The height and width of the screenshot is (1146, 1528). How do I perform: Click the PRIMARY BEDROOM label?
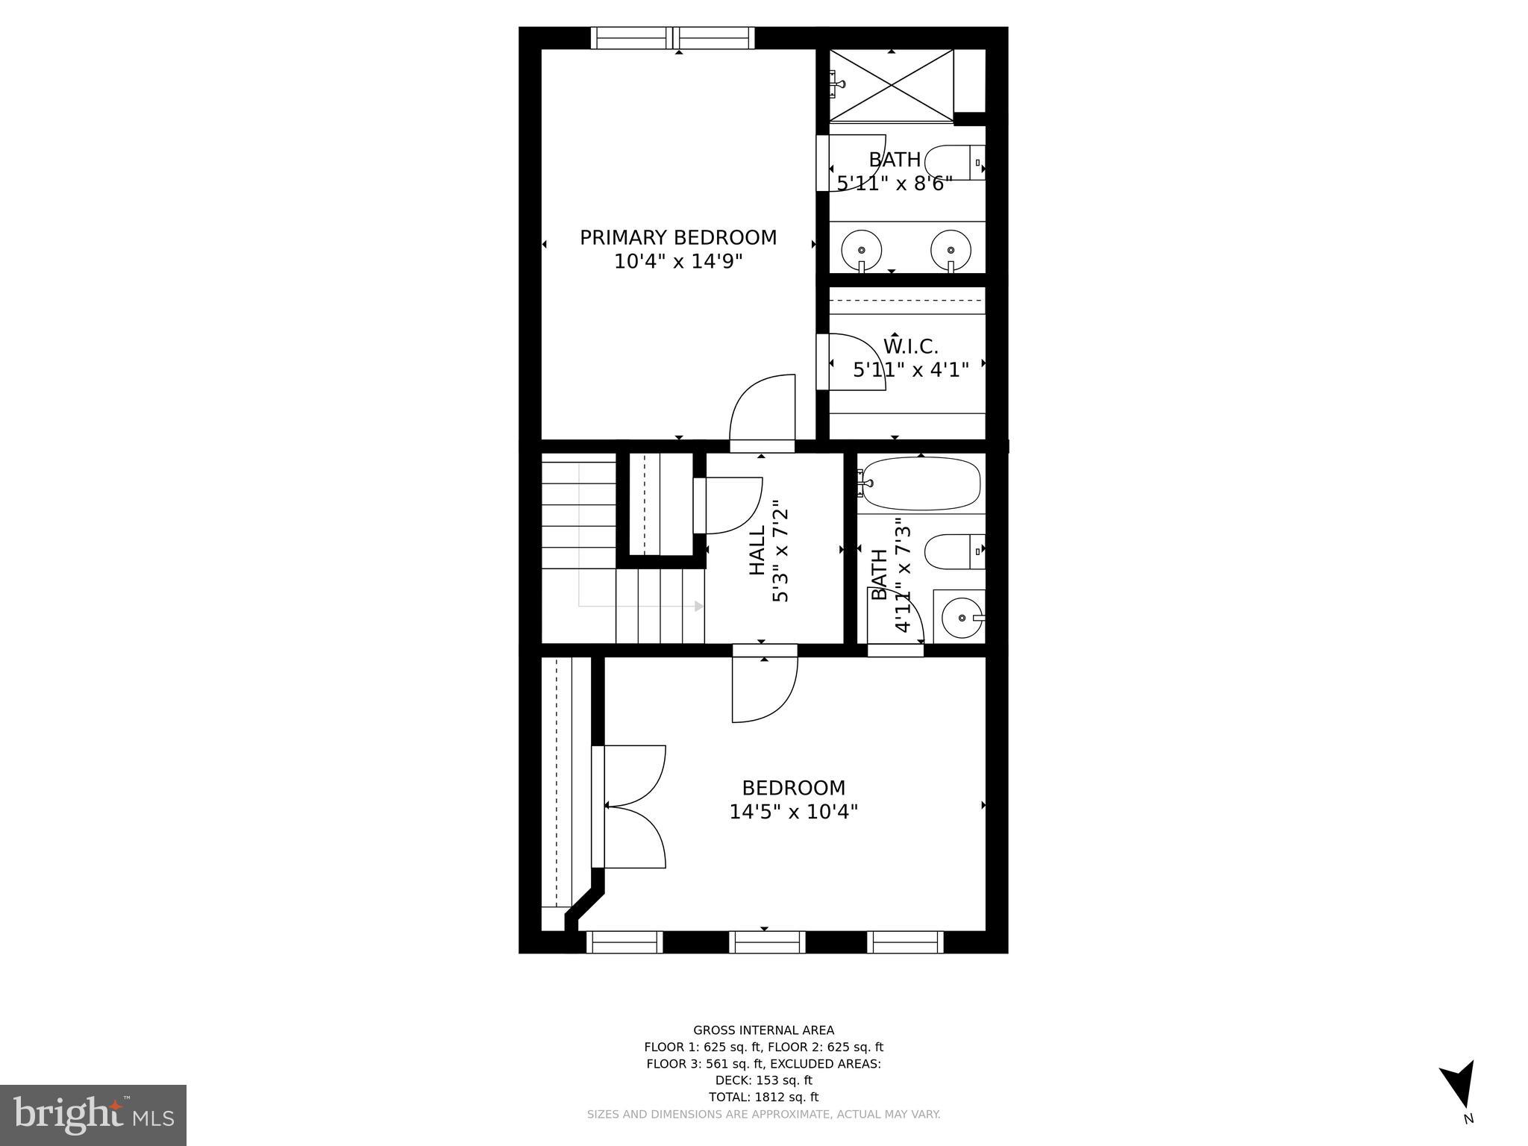point(678,237)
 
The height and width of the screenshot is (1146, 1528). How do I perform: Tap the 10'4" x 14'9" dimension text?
point(678,262)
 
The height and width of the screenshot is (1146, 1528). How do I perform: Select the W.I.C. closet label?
point(910,346)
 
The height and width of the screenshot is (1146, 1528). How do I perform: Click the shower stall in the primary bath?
point(892,86)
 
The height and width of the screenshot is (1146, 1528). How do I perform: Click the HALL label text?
point(757,551)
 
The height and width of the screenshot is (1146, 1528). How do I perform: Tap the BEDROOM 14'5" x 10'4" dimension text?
point(793,812)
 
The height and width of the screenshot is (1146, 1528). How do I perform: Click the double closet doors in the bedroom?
point(630,806)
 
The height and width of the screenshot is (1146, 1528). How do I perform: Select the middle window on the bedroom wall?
point(766,942)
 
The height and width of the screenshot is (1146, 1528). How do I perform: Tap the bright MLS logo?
point(93,1115)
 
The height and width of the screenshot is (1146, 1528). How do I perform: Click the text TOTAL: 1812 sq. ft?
point(763,1097)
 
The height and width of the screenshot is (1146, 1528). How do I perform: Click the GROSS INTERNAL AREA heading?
point(763,1030)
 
